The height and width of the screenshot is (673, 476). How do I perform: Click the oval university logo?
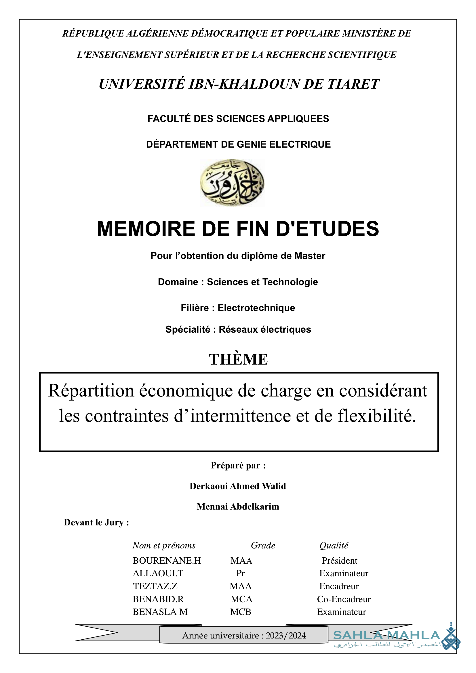click(x=232, y=183)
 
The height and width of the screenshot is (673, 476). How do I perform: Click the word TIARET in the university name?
click(x=353, y=84)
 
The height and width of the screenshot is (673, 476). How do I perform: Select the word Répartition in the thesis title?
click(x=91, y=391)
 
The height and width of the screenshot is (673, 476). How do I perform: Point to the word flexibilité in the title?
click(x=377, y=416)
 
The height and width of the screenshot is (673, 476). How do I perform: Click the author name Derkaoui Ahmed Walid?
click(x=238, y=486)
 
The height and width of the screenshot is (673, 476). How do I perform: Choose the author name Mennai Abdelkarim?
click(x=238, y=506)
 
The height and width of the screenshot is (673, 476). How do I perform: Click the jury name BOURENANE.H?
click(x=167, y=560)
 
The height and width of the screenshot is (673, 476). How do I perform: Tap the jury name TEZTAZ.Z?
click(x=155, y=586)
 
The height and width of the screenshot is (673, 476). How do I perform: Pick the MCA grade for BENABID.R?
click(x=241, y=599)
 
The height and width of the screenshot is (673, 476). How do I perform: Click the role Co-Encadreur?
click(x=344, y=599)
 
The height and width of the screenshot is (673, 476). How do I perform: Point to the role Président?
click(x=339, y=560)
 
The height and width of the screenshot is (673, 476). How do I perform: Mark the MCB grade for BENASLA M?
click(x=241, y=612)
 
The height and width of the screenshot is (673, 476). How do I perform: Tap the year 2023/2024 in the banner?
click(x=286, y=636)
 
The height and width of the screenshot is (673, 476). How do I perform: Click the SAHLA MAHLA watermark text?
click(x=386, y=635)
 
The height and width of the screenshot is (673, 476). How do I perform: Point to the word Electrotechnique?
click(x=256, y=308)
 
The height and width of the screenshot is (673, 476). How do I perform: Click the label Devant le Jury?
click(x=96, y=522)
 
